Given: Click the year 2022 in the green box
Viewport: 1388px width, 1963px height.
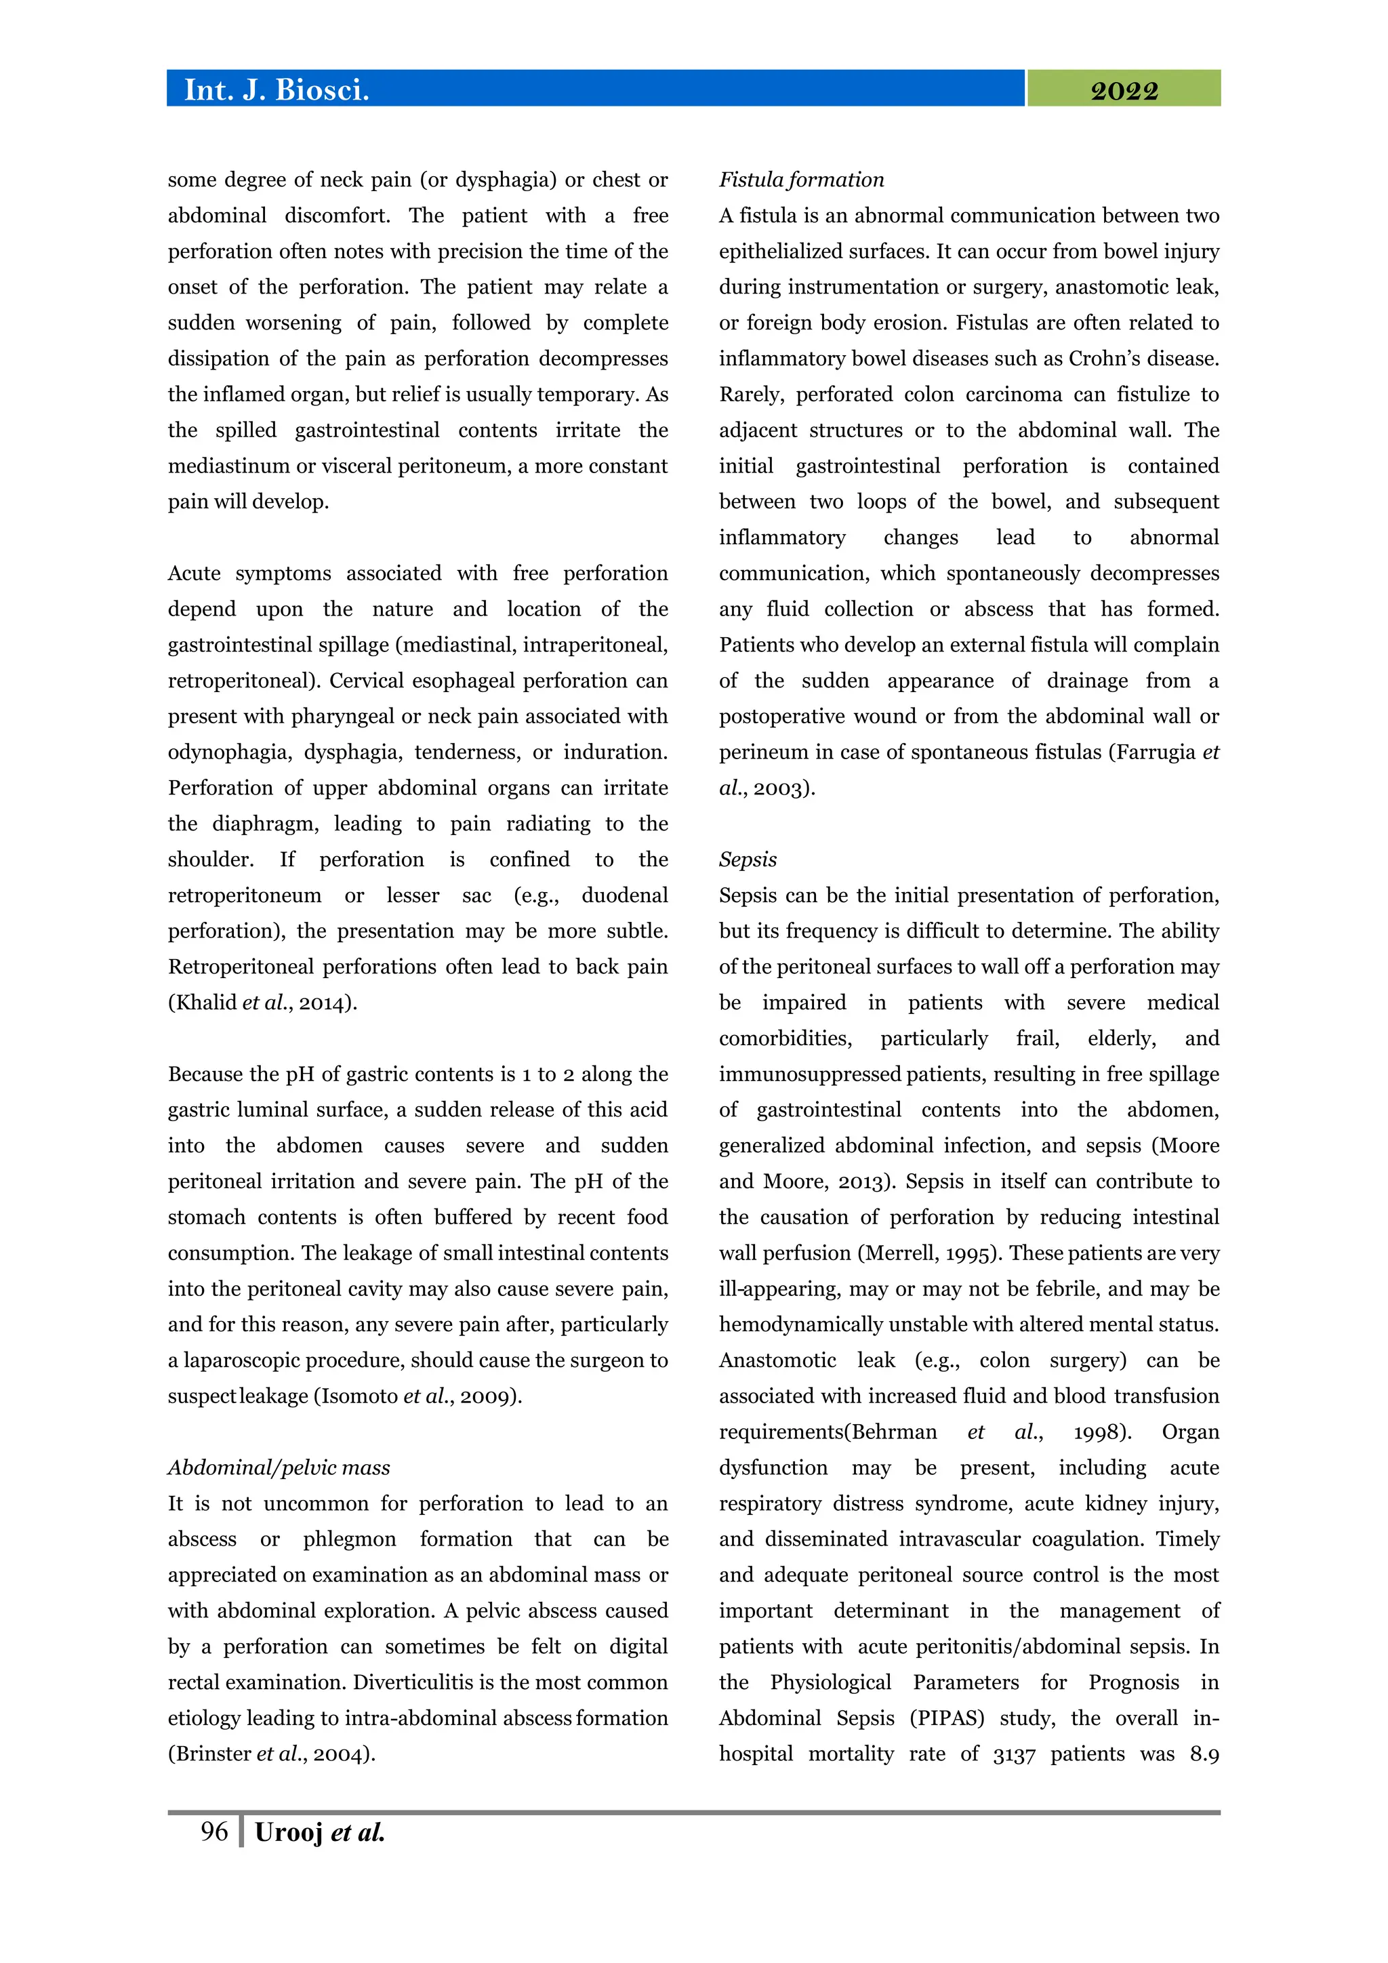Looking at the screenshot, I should pos(1123,91).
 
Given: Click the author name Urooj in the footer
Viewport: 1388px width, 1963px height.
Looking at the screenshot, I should pos(288,1832).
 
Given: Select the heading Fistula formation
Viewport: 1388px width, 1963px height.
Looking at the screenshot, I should pos(801,180).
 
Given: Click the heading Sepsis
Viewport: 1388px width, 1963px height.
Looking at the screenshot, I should pos(748,859).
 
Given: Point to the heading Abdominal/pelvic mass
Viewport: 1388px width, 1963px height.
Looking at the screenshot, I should pos(279,1467).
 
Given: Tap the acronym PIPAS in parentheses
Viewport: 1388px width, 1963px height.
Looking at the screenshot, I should pos(947,1718).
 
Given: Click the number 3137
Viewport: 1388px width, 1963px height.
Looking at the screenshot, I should pos(1014,1754).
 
